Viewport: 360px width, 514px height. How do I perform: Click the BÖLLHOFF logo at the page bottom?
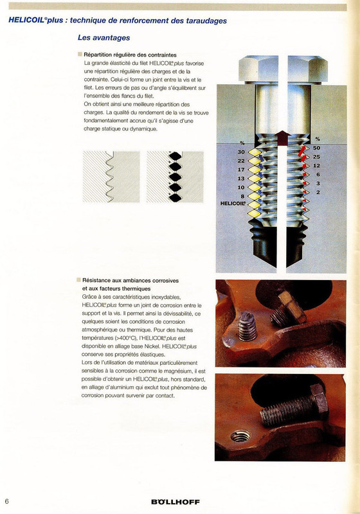175,502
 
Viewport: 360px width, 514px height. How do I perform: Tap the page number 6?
6,501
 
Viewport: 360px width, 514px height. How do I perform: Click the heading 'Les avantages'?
104,38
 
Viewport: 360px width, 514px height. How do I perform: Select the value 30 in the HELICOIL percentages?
241,152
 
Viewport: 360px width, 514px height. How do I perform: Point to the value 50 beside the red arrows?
316,148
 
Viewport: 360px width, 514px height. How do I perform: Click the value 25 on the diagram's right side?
316,157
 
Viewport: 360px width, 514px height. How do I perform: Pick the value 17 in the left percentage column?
241,170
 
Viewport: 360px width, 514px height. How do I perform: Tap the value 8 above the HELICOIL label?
242,196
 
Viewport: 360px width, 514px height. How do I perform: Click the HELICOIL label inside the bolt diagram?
233,203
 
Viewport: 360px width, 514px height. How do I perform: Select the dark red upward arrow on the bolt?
282,138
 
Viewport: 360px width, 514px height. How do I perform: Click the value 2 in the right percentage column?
318,192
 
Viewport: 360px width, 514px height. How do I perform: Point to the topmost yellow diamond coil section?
255,152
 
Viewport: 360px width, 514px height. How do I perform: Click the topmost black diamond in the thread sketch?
175,155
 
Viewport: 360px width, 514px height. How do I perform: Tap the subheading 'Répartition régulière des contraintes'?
130,55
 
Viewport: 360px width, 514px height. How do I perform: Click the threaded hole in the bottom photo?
240,436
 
